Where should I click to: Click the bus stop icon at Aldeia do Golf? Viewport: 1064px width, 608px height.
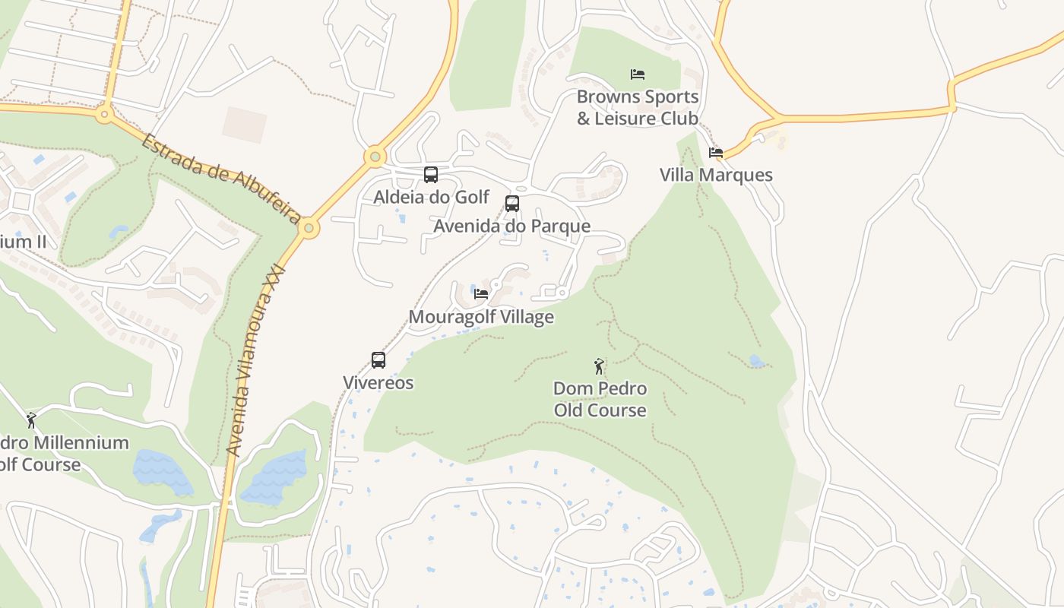pyautogui.click(x=431, y=175)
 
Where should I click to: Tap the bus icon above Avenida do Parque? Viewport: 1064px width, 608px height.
pyautogui.click(x=512, y=204)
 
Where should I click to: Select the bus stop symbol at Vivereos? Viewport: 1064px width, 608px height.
pyautogui.click(x=378, y=360)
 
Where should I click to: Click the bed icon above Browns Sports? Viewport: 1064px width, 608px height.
pyautogui.click(x=638, y=74)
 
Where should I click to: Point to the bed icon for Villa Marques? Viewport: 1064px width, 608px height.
pyautogui.click(x=716, y=153)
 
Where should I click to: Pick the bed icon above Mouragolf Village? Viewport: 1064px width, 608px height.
pyautogui.click(x=481, y=294)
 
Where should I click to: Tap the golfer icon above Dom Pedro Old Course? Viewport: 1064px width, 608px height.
pyautogui.click(x=600, y=366)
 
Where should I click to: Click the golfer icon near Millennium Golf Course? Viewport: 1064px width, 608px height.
pyautogui.click(x=31, y=420)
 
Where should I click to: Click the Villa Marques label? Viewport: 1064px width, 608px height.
pyautogui.click(x=716, y=175)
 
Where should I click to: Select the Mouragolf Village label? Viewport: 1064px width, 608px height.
pyautogui.click(x=481, y=317)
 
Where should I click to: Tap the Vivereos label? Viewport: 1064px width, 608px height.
pyautogui.click(x=378, y=382)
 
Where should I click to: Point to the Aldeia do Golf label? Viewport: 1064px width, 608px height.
pyautogui.click(x=431, y=197)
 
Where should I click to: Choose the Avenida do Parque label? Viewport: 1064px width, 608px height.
pyautogui.click(x=512, y=226)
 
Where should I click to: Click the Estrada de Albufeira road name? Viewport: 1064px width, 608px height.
pyautogui.click(x=220, y=179)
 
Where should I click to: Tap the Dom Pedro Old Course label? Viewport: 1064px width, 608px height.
pyautogui.click(x=600, y=400)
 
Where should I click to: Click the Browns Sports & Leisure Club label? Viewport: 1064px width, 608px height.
pyautogui.click(x=638, y=108)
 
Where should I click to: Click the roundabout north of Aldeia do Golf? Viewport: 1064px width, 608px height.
pyautogui.click(x=374, y=157)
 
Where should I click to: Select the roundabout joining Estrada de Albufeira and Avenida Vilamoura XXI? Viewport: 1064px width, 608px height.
pyautogui.click(x=309, y=228)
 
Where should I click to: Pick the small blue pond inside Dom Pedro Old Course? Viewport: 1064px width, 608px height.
pyautogui.click(x=757, y=361)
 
